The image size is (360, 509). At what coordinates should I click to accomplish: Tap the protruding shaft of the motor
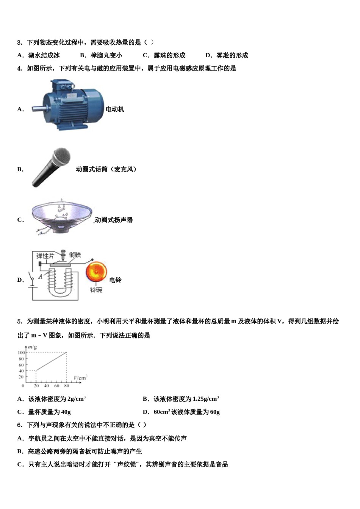pyautogui.click(x=38, y=109)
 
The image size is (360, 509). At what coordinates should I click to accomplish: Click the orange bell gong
pyautogui.click(x=96, y=272)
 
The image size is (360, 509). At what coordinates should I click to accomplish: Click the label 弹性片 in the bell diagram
pyautogui.click(x=45, y=256)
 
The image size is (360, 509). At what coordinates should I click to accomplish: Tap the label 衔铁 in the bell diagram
pyautogui.click(x=75, y=255)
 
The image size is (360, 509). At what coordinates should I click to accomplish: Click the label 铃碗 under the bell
pyautogui.click(x=96, y=290)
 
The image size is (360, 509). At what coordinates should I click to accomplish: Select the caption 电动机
pyautogui.click(x=115, y=109)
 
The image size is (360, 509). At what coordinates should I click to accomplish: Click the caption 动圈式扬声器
pyautogui.click(x=114, y=220)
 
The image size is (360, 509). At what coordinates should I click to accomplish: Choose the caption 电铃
pyautogui.click(x=115, y=280)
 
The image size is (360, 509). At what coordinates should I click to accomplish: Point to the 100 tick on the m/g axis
pyautogui.click(x=21, y=353)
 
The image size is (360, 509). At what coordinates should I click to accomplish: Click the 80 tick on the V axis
pyautogui.click(x=67, y=386)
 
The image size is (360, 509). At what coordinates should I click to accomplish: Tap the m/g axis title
pyautogui.click(x=32, y=347)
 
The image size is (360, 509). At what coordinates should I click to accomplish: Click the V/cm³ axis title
pyautogui.click(x=80, y=378)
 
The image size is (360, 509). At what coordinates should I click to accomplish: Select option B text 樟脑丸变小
pyautogui.click(x=106, y=55)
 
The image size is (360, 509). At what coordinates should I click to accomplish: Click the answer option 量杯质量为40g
pyautogui.click(x=49, y=412)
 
